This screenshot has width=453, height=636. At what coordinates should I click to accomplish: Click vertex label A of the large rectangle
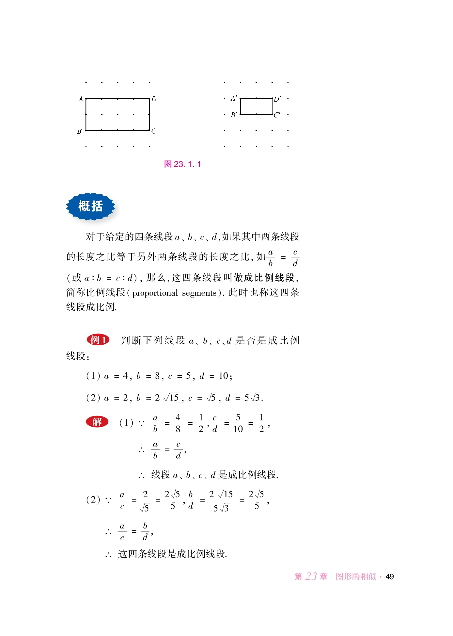(x=81, y=99)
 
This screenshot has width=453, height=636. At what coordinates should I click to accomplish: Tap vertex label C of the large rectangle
(x=154, y=131)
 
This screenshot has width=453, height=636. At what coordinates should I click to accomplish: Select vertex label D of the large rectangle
(x=154, y=99)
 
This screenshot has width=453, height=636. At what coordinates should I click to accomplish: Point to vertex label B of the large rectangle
(x=79, y=131)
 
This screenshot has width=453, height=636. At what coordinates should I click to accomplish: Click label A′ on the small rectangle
(x=234, y=98)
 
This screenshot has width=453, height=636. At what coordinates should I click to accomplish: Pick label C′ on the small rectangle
(x=277, y=115)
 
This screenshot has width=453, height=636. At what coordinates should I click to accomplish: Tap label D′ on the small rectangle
(x=277, y=99)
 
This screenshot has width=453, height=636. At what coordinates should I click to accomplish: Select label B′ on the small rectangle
(x=234, y=115)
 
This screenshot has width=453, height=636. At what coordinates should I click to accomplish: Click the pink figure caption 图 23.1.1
(x=182, y=164)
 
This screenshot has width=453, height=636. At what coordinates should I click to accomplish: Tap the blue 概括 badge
(x=90, y=206)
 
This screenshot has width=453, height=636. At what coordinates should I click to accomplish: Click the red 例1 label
(x=98, y=340)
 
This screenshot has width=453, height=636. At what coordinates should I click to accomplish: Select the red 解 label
(x=97, y=422)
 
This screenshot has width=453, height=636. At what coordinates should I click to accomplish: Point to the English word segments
(x=199, y=293)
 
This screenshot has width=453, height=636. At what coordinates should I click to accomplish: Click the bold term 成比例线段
(x=269, y=278)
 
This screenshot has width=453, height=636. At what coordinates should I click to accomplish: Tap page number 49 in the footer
(x=389, y=577)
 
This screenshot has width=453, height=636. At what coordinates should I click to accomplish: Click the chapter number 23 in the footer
(x=311, y=576)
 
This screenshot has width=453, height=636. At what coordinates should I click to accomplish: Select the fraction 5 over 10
(x=238, y=423)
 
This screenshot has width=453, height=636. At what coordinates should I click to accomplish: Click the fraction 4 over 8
(x=178, y=423)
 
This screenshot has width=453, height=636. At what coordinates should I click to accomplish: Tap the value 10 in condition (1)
(x=224, y=376)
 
